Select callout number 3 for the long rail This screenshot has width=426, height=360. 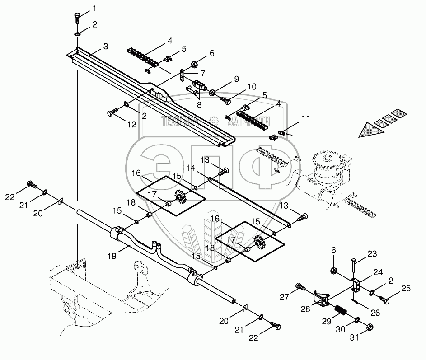tap(105, 46)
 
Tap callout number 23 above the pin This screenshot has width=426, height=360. tap(371, 254)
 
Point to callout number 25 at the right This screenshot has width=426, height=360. tap(406, 288)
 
